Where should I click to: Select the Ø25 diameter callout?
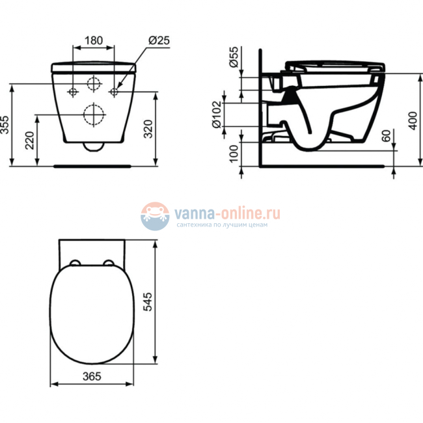[x=159, y=40]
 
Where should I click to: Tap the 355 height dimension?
[x=6, y=124]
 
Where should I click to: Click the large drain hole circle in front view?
[x=95, y=115]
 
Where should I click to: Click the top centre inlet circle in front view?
[x=95, y=84]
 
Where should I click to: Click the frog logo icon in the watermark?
[x=155, y=215]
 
